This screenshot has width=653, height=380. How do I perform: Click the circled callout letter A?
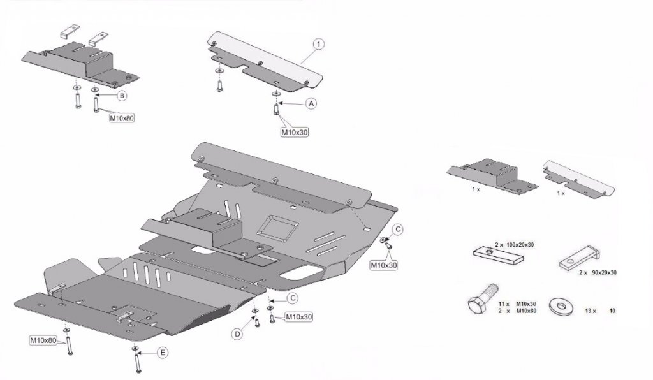click(x=312, y=103)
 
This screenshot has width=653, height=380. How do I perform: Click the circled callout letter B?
click(x=122, y=95)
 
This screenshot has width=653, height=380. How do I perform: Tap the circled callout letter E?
click(x=163, y=353)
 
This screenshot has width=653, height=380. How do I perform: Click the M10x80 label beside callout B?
click(x=122, y=117)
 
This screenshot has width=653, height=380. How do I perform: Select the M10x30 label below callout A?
click(x=295, y=133)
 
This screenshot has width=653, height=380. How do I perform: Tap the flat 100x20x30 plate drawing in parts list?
click(x=498, y=256)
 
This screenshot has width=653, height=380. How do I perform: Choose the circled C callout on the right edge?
click(x=397, y=228)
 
